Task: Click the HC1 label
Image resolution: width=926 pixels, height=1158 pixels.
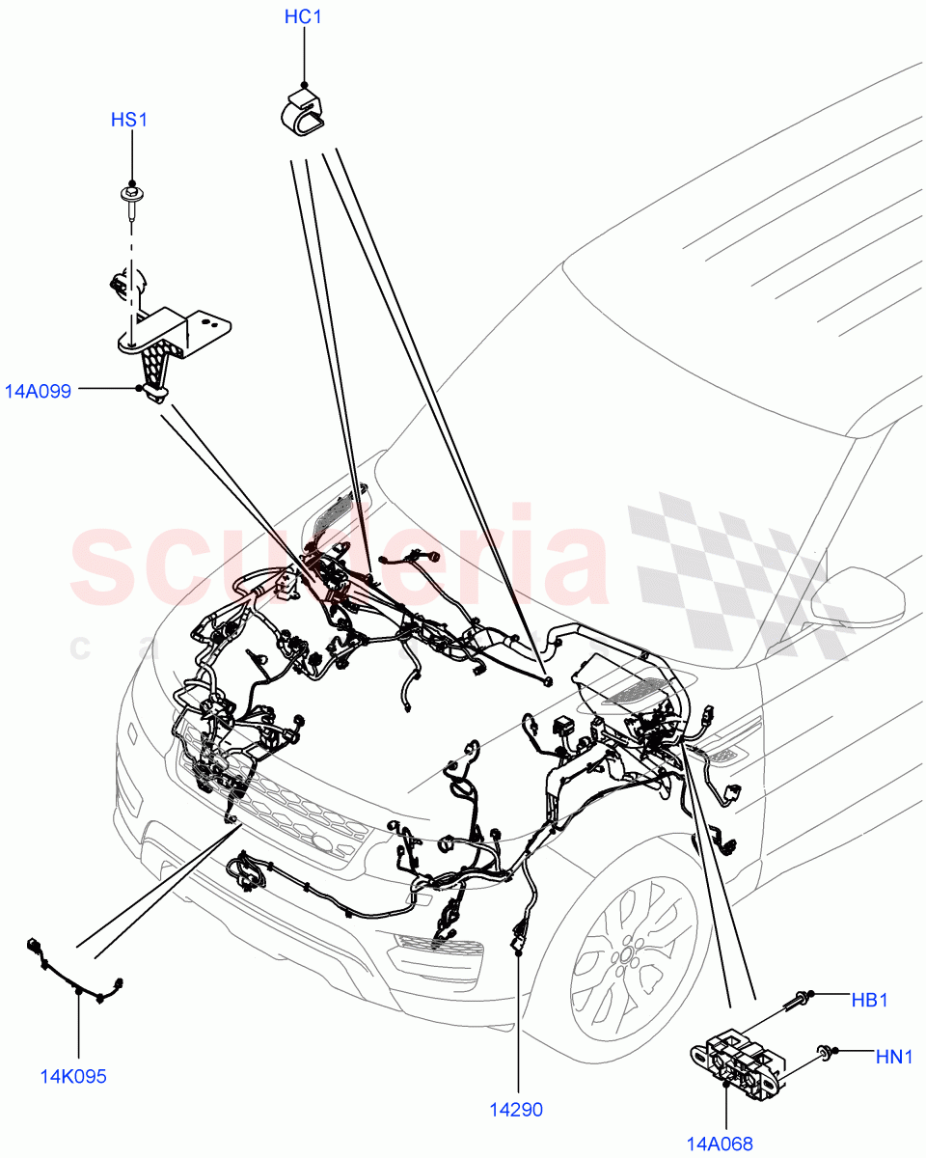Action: (x=304, y=17)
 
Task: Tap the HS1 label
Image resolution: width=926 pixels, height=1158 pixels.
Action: (x=129, y=120)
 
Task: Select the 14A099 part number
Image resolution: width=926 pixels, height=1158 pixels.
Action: (x=39, y=392)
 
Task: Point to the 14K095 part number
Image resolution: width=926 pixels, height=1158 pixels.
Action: (x=74, y=1076)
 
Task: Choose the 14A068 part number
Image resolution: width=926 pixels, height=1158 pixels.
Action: (x=719, y=1144)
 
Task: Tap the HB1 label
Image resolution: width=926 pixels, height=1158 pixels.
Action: (x=869, y=1001)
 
